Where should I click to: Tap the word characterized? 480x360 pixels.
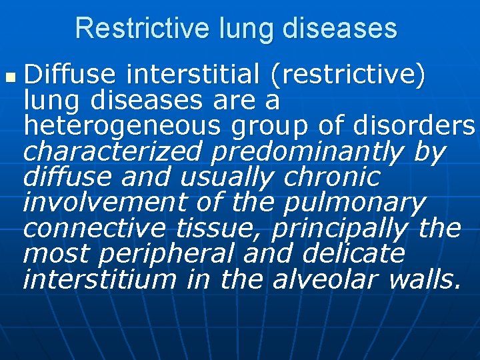coord(112,152)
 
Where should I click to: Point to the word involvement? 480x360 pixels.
coord(99,202)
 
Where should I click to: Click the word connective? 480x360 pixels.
coord(94,228)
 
